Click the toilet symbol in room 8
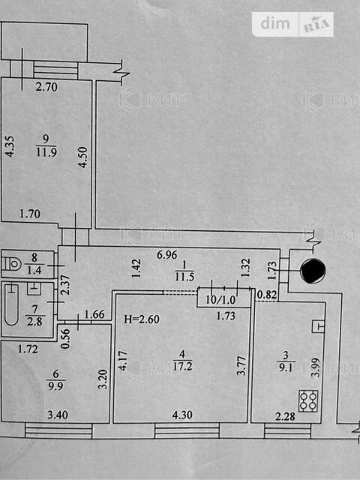tap(12, 263)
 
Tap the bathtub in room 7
tap(12, 304)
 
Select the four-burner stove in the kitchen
tap(308, 400)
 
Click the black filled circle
tap(313, 271)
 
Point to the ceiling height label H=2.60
tap(142, 319)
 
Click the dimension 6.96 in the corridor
tap(167, 254)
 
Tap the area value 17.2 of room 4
tap(182, 366)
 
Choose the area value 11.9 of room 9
tap(46, 151)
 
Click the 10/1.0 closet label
tap(220, 300)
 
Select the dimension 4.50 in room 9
tap(82, 157)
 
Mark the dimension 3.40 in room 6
tap(58, 415)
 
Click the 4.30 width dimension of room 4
tap(182, 415)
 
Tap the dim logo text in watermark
tap(275, 23)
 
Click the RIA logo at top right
tap(316, 25)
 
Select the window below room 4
tap(187, 430)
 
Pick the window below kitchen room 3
tap(287, 430)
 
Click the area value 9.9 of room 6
tap(55, 385)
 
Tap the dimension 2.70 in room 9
tap(46, 87)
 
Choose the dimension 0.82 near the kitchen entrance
tap(267, 295)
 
